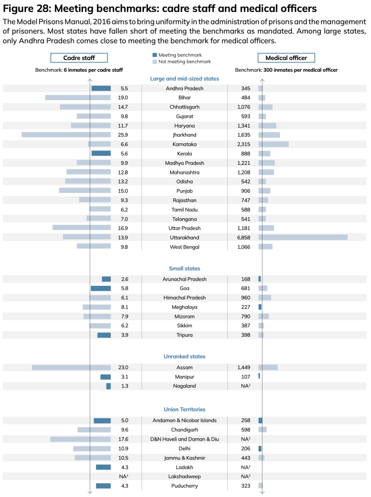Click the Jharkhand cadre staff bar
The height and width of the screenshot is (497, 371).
[66, 135]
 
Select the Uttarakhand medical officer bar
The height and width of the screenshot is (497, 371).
[303, 237]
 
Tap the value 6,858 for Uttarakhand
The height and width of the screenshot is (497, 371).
[243, 238]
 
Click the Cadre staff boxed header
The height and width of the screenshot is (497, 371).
[79, 58]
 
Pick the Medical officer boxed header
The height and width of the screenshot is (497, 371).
[286, 58]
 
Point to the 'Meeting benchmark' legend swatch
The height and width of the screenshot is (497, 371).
[155, 55]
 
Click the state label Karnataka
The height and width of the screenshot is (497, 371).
[184, 144]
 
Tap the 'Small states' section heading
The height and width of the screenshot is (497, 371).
[184, 269]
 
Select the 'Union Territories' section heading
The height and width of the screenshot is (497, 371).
[184, 410]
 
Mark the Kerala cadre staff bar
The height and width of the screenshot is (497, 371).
[101, 153]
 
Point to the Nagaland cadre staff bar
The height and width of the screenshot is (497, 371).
[109, 386]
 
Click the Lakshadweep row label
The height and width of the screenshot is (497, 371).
[184, 477]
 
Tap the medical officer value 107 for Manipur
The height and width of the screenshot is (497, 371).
[246, 377]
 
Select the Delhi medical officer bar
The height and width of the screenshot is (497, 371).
[260, 449]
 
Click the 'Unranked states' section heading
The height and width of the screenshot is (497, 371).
[184, 357]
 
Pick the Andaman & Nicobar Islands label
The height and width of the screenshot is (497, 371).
[184, 420]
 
